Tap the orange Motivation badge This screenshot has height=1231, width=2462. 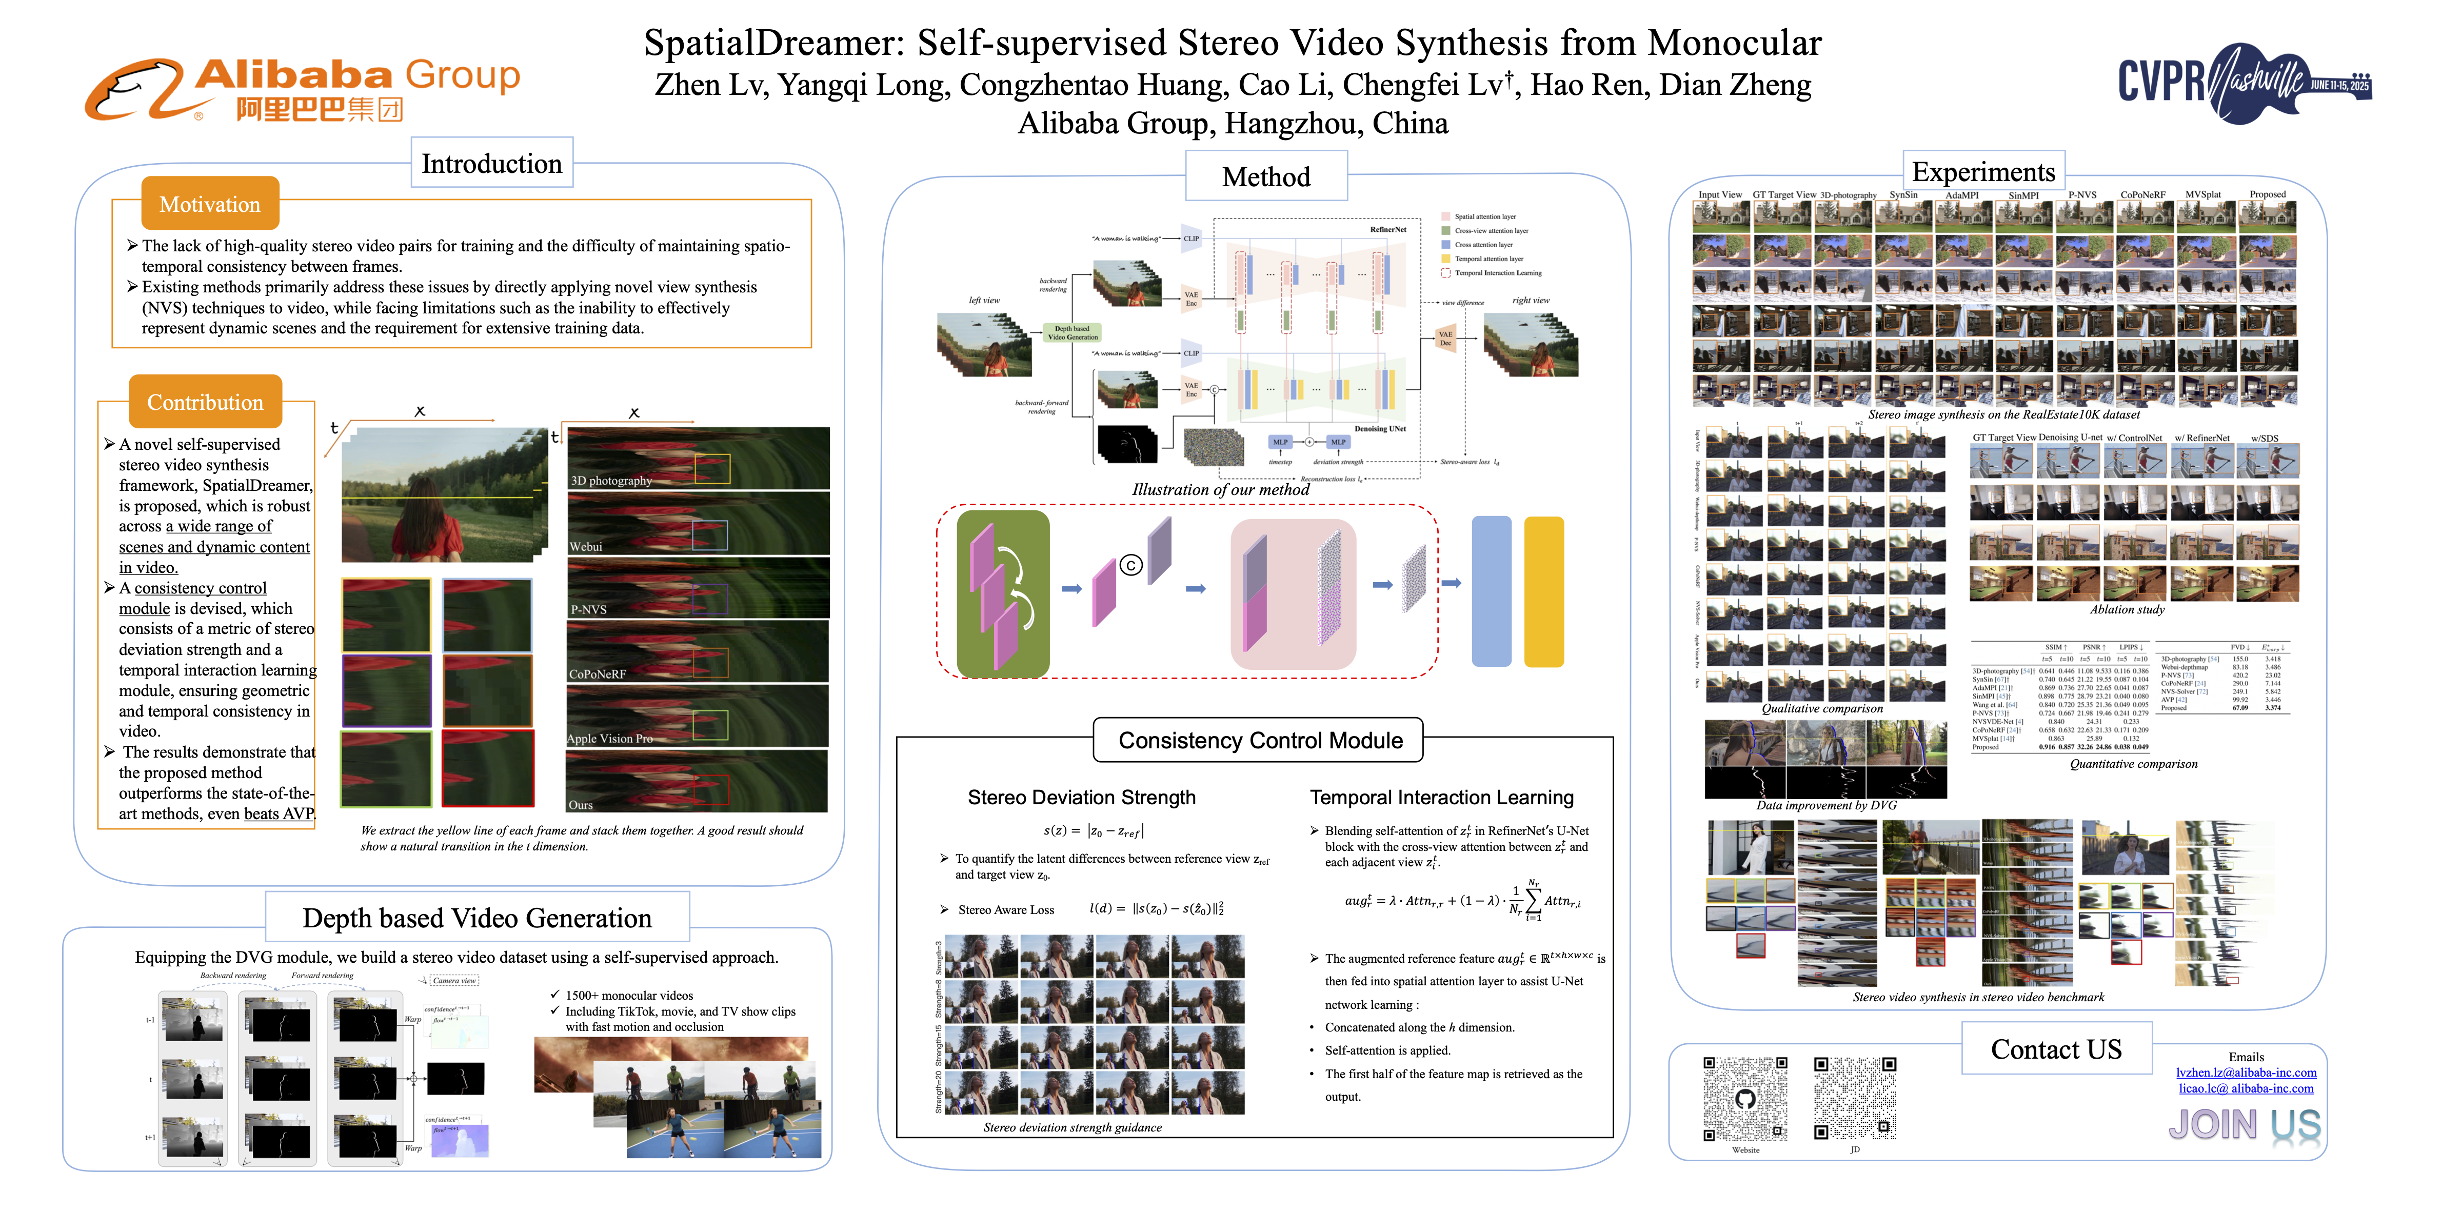pos(210,204)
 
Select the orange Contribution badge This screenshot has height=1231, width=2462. pos(206,402)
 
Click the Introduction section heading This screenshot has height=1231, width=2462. pos(491,164)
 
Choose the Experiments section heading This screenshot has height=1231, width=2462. pos(1983,172)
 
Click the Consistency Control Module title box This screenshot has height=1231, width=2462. pos(1260,741)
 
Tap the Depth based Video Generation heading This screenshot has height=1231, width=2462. pos(477,918)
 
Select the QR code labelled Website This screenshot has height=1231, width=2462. pos(1745,1099)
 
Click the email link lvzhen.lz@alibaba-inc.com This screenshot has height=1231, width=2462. pos(2246,1073)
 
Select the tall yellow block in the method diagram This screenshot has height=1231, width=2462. pos(1543,591)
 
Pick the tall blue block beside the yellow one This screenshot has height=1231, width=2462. pos(1491,591)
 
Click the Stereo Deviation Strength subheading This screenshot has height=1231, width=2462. pos(1081,797)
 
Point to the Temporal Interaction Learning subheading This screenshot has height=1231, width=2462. pos(1441,797)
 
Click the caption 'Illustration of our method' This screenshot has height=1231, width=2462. pos(1221,489)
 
